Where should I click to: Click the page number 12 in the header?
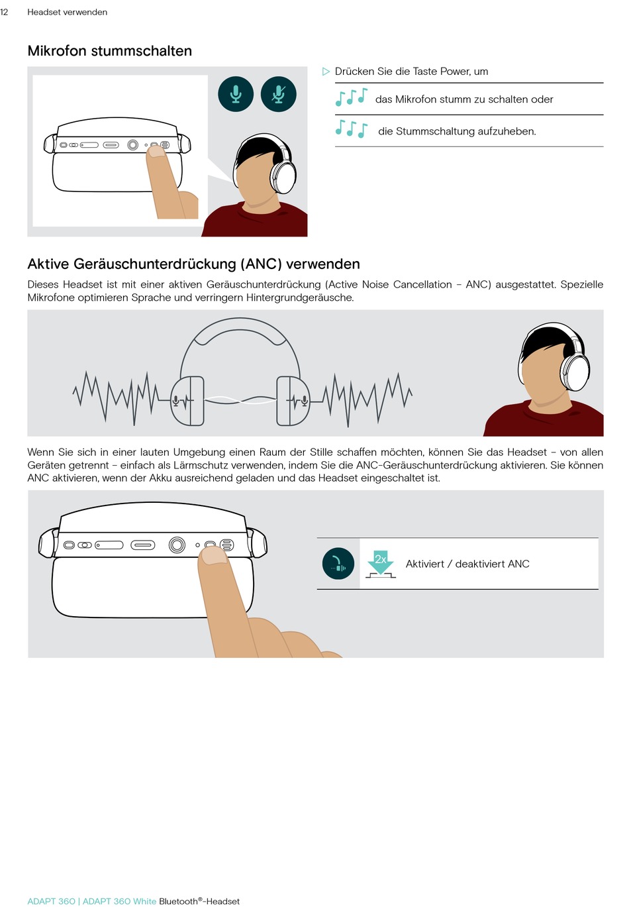[4, 12]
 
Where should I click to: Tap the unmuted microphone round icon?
[236, 94]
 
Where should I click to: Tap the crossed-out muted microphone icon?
[278, 94]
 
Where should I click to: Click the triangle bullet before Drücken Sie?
[326, 72]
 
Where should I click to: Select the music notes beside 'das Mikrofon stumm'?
[351, 98]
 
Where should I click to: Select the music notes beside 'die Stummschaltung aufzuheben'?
[351, 129]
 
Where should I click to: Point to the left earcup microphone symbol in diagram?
[177, 400]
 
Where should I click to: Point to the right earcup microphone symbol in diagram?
[304, 400]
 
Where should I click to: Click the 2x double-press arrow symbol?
[381, 562]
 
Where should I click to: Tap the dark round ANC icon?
[338, 564]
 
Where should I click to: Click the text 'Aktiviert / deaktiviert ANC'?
[467, 564]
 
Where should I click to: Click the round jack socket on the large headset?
[177, 545]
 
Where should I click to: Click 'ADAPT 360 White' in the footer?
[119, 901]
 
